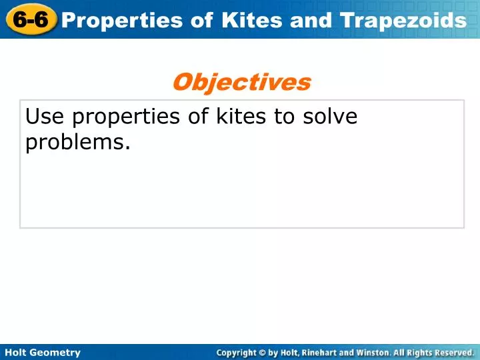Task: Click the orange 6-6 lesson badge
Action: (31, 20)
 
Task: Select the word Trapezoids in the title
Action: (403, 21)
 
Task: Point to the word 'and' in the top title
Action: (312, 21)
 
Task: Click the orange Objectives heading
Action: (241, 82)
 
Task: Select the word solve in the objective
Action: (332, 117)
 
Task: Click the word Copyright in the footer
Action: (237, 352)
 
